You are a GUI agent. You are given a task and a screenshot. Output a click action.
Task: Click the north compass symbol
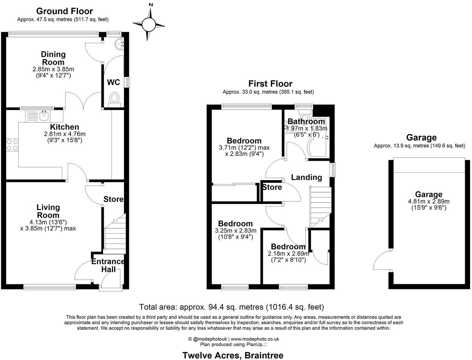pos(149,24)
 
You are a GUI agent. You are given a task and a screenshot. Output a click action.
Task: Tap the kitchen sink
pos(44,115)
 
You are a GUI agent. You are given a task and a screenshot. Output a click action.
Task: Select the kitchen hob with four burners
pos(12,145)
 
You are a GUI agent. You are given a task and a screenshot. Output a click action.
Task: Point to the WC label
pos(114,82)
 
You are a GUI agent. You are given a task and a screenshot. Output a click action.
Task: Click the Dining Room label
pos(53,58)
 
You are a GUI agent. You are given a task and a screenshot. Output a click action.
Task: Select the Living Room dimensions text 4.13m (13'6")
pos(48,222)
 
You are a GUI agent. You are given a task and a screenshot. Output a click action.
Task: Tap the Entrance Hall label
pos(108,265)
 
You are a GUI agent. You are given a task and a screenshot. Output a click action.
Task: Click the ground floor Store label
pos(113,199)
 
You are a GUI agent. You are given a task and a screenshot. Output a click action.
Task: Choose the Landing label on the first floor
pos(306,177)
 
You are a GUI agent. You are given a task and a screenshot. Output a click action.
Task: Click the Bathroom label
pos(306,122)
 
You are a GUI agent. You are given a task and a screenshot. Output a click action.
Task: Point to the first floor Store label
pos(272,187)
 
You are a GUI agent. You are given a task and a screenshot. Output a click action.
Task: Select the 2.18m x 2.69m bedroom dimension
pos(288,254)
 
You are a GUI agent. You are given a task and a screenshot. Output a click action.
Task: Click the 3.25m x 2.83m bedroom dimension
pos(235,231)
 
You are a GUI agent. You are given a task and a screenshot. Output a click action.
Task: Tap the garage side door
pos(382,261)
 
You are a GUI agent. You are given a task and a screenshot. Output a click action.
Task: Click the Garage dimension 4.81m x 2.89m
pos(428,201)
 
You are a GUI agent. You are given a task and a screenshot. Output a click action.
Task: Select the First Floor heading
pos(270,84)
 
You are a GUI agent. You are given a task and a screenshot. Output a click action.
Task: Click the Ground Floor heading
pos(64,11)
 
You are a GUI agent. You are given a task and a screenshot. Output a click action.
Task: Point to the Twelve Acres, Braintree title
pos(233,355)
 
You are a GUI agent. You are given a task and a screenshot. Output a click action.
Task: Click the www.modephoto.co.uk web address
pos(255,339)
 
